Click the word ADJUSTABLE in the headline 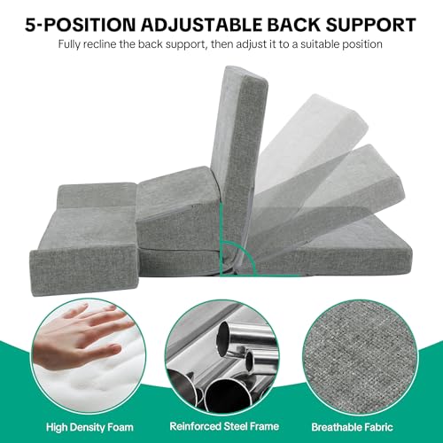(x=201, y=24)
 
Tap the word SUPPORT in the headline (x=370, y=24)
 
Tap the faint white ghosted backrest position (x=310, y=139)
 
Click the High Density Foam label (x=89, y=427)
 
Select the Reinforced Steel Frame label (x=224, y=426)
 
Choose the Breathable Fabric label (x=352, y=427)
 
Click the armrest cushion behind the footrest (x=97, y=196)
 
